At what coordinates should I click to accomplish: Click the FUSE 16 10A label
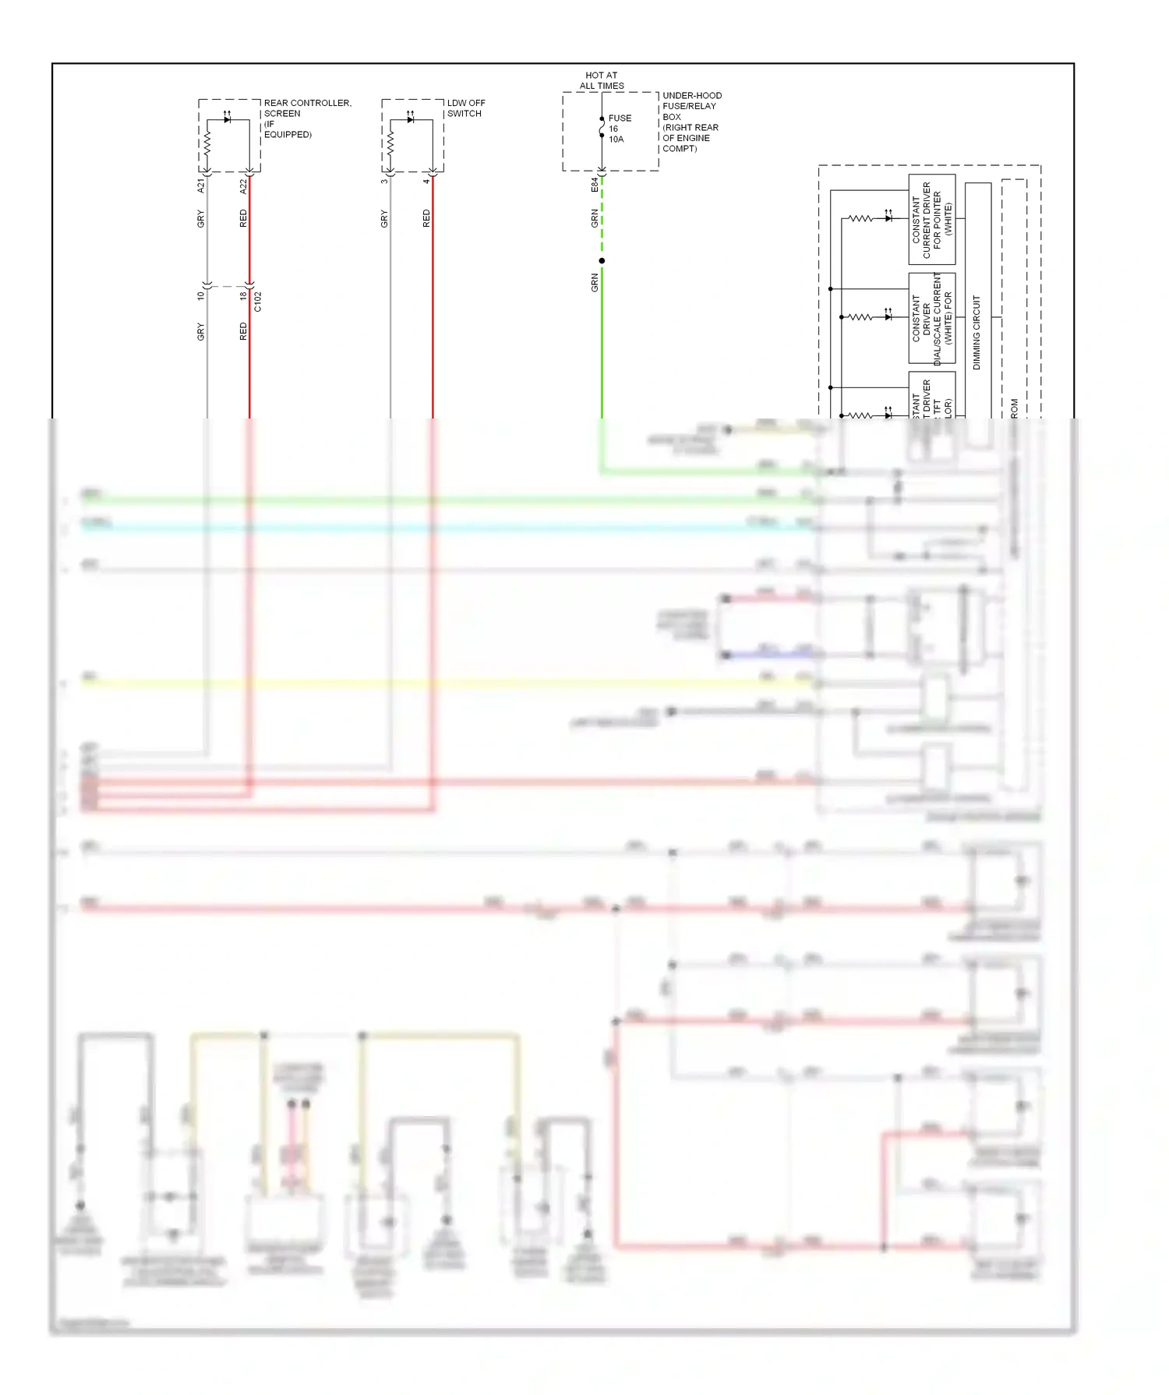[619, 129]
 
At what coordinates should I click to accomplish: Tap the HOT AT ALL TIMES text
[602, 81]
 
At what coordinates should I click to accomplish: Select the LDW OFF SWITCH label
[466, 108]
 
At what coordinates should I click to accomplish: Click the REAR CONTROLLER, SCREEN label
[306, 118]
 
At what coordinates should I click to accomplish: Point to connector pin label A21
[200, 185]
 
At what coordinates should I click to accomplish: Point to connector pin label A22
[243, 185]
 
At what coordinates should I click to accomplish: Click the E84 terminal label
[594, 185]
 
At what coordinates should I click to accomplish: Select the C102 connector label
[258, 302]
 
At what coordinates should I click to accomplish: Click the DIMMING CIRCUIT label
[977, 332]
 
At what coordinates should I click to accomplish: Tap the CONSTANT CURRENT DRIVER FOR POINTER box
[932, 220]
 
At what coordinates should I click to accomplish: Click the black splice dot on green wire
[602, 261]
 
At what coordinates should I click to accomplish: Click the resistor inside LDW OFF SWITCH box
[390, 143]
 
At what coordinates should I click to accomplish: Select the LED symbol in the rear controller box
[227, 119]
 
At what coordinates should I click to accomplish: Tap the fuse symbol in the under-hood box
[602, 127]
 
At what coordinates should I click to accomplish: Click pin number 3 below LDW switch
[383, 182]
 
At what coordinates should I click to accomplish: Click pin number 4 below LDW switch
[426, 182]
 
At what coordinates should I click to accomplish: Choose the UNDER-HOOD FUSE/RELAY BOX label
[691, 122]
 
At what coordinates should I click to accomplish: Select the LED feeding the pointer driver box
[888, 218]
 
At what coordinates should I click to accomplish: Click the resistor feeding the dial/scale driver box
[860, 317]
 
